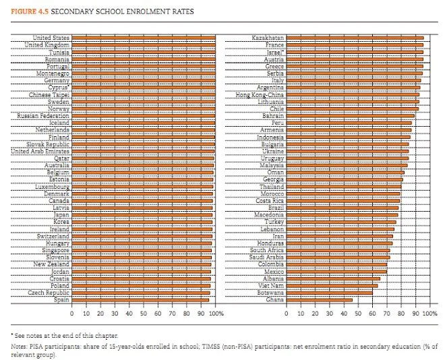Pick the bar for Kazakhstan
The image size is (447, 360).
(x=355, y=38)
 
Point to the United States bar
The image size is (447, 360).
(x=144, y=38)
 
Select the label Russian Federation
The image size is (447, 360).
(x=42, y=116)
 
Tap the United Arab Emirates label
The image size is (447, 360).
(x=40, y=151)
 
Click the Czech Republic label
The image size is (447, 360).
(x=49, y=293)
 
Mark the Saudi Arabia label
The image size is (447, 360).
(x=266, y=257)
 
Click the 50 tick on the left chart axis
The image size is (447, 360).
(x=144, y=313)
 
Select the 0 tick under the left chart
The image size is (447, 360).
(x=72, y=313)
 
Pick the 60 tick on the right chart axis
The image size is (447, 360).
(x=373, y=313)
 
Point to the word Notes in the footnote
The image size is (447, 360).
(x=18, y=346)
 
